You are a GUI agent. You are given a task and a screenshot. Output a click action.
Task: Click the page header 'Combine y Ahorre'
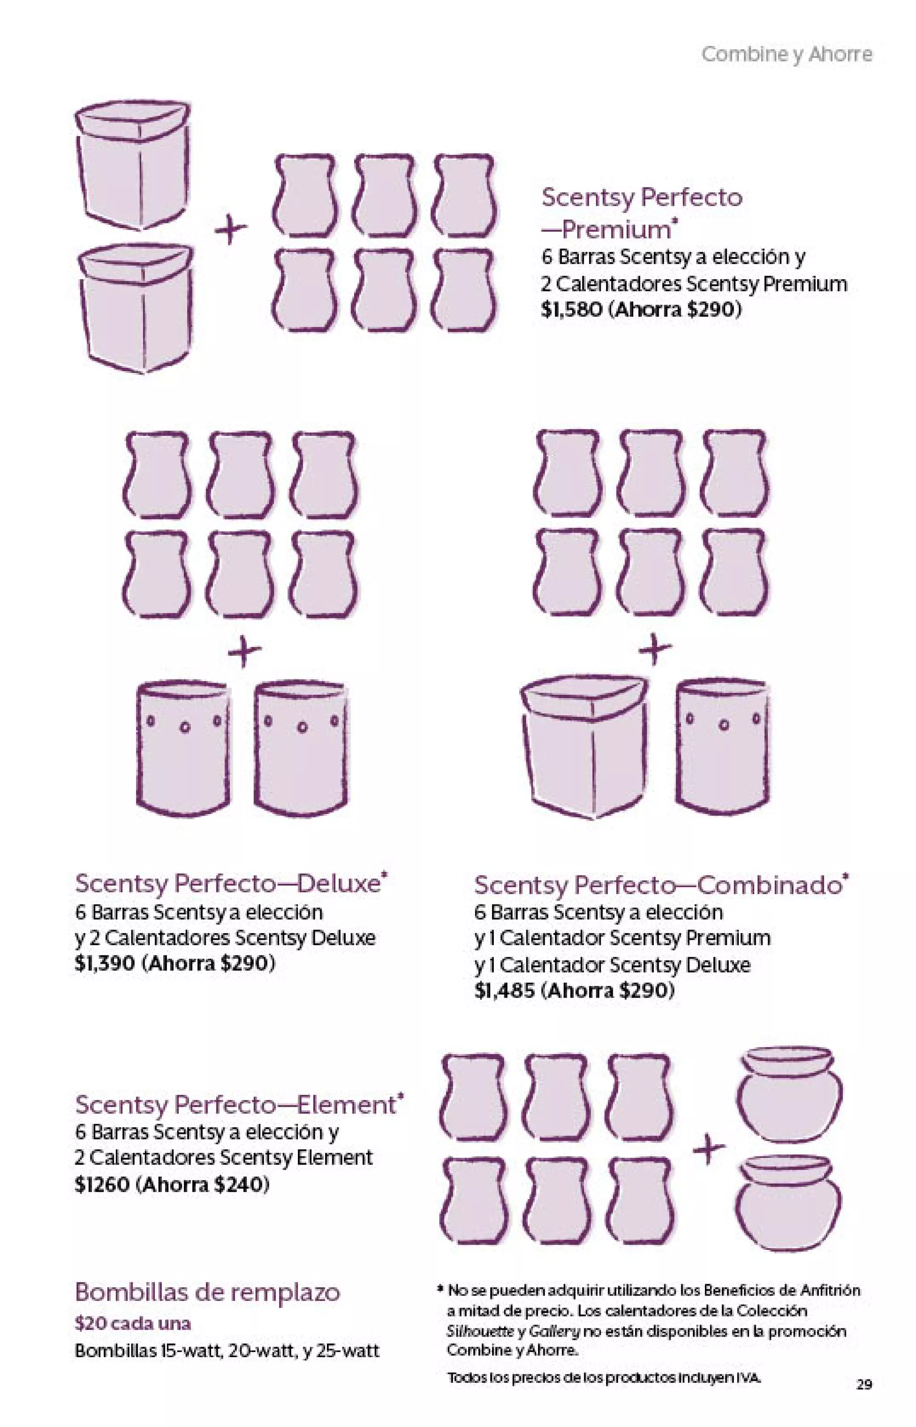pyautogui.click(x=786, y=54)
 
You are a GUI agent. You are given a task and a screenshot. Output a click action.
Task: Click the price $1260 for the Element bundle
pyautogui.click(x=102, y=1184)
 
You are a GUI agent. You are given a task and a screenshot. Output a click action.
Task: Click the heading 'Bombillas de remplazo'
pyautogui.click(x=208, y=1292)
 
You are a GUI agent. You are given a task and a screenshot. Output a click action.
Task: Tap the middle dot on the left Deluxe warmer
pyautogui.click(x=185, y=727)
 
